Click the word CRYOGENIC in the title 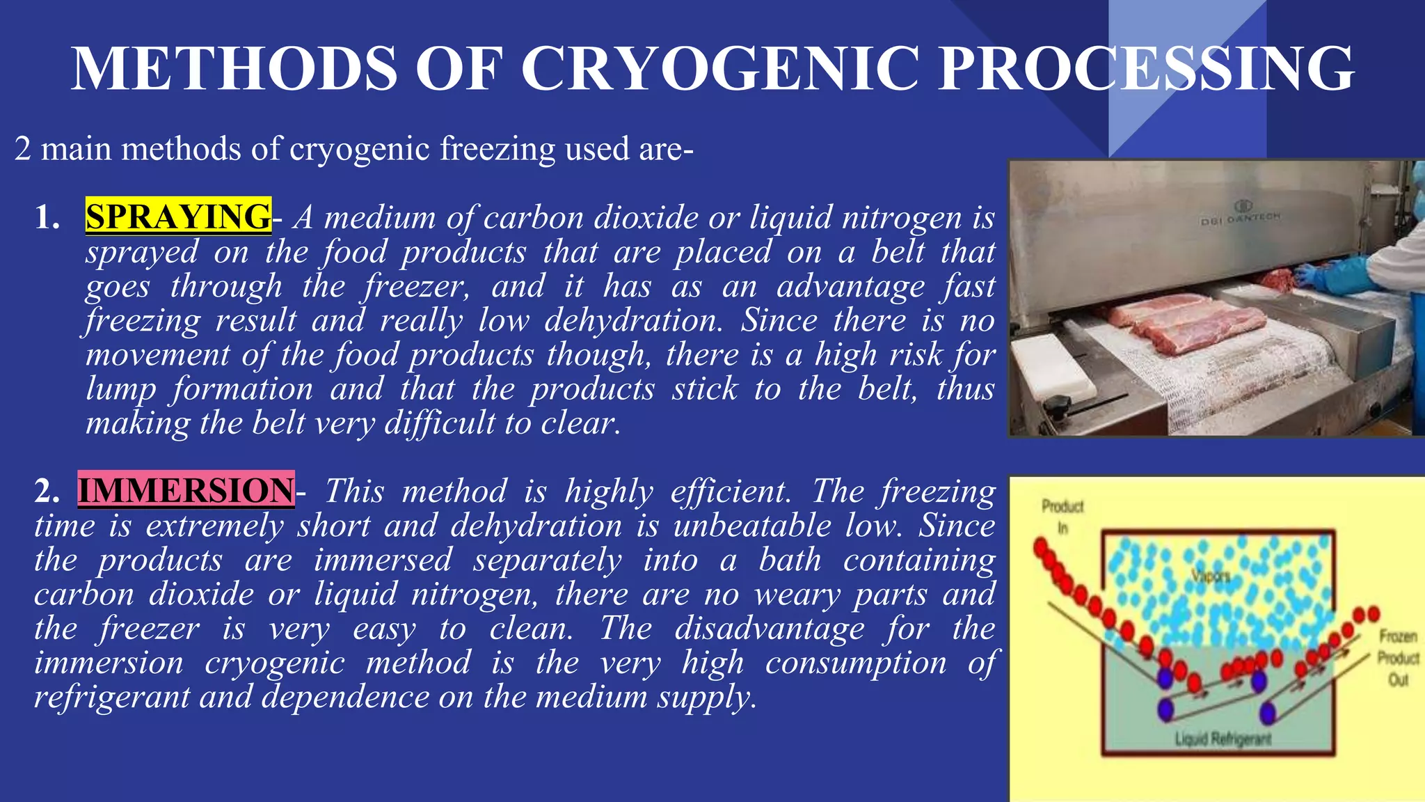click(720, 68)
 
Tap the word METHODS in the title click(234, 68)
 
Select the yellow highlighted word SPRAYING click(178, 216)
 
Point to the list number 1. click(47, 218)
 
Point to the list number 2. click(47, 492)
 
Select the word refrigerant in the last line click(111, 697)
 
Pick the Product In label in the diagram click(1062, 516)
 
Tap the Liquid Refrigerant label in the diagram click(1223, 739)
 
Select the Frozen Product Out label click(1398, 657)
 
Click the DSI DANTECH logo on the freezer click(1240, 214)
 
